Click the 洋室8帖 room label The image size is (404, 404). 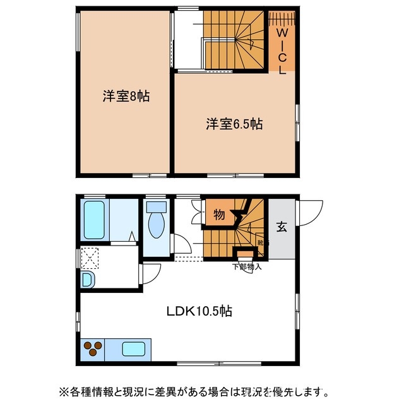126,97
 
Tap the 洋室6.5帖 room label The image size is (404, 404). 234,124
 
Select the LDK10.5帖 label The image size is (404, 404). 199,311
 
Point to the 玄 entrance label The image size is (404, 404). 281,227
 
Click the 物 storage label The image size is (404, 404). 219,215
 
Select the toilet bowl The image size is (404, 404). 155,226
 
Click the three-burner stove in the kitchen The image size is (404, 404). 93,349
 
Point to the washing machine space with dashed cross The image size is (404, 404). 90,258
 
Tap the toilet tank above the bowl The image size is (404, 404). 155,206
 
